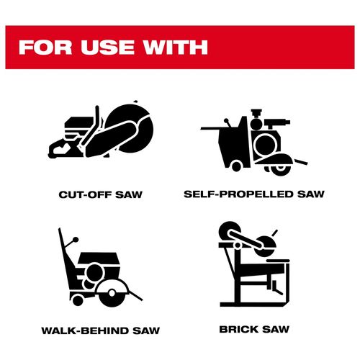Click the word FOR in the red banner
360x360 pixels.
coord(45,48)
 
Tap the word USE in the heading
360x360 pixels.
coord(107,48)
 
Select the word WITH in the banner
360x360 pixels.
coord(175,48)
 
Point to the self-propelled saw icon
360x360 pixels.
coord(254,143)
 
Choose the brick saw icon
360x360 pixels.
coord(254,264)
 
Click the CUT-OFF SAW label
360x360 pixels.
coord(101,194)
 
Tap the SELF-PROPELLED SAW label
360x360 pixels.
coord(254,194)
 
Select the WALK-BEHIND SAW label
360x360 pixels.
coord(101,330)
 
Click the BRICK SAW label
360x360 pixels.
coord(254,329)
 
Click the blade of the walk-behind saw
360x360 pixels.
coord(112,293)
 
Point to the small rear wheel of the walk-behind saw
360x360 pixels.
coord(77,301)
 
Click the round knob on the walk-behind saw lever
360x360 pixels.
coord(76,240)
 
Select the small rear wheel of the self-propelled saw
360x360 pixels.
coord(236,166)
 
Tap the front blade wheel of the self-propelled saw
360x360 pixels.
coord(281,169)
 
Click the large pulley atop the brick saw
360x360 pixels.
coord(228,230)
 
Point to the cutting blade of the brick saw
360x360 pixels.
coord(265,247)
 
